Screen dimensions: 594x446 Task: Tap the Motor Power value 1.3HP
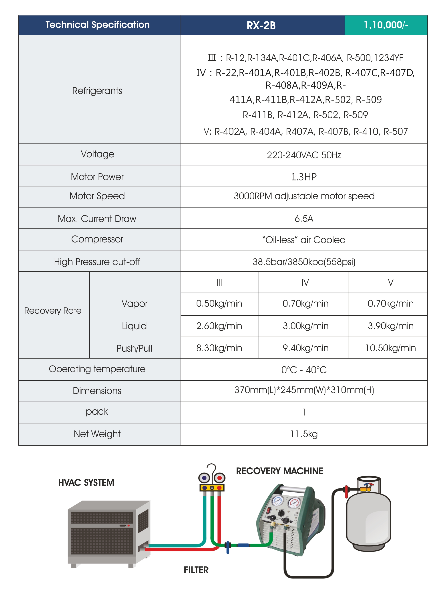303,177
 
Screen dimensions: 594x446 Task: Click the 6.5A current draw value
303,219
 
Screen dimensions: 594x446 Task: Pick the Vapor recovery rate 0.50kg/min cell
219,303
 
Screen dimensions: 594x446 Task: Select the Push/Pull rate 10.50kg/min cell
390,348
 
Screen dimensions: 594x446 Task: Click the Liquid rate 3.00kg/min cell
305,326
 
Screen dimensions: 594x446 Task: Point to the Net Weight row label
97,434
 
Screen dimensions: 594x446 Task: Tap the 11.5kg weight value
303,434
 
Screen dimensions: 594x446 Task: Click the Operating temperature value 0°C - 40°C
303,370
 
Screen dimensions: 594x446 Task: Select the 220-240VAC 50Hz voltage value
303,155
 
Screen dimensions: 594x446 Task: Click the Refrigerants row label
97,91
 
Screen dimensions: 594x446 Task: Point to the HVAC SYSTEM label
86,483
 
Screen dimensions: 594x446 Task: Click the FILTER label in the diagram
196,570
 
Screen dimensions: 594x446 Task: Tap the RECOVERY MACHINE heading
279,471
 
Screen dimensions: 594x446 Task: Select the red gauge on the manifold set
219,478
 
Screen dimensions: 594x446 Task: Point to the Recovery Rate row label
53,311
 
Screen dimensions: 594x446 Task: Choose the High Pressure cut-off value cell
303,262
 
